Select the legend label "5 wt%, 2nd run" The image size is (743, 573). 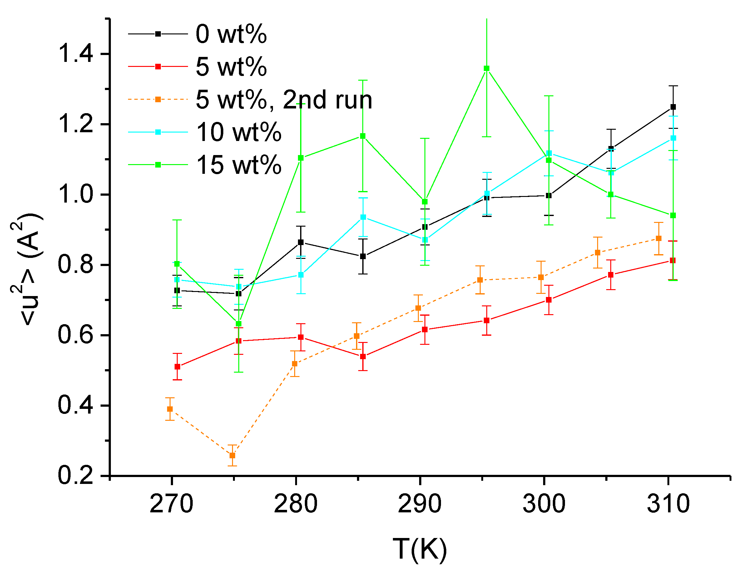284,100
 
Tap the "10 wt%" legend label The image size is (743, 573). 239,132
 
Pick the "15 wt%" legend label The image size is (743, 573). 239,165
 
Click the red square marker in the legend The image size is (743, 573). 158,67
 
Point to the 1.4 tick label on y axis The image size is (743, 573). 76,54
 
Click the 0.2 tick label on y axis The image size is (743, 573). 76,476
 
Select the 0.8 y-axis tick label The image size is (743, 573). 76,265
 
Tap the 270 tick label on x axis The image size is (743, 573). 171,504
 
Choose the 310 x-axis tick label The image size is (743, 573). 668,504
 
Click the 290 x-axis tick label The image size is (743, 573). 419,504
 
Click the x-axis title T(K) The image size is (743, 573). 419,549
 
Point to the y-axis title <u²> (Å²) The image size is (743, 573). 27,269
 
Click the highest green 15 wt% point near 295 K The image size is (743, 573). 487,68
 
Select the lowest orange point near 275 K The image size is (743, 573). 232,455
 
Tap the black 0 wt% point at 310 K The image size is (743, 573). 673,107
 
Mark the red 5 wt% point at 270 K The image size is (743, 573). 177,367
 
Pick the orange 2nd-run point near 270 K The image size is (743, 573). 170,409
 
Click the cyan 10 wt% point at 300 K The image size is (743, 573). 549,153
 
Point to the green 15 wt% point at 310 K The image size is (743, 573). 673,215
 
